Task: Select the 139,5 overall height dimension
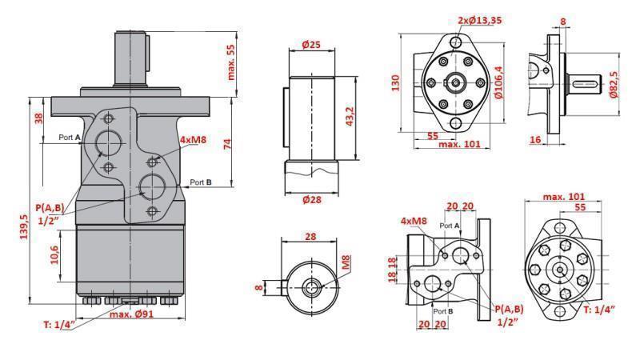[x=25, y=230]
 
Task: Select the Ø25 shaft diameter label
[x=311, y=45]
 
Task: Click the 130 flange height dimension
[x=394, y=83]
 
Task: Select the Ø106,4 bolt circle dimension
[x=498, y=82]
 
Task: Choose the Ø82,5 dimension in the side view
[x=614, y=83]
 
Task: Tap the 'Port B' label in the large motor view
[x=201, y=182]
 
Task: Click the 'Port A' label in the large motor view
[x=70, y=138]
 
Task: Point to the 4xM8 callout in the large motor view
[x=194, y=140]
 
